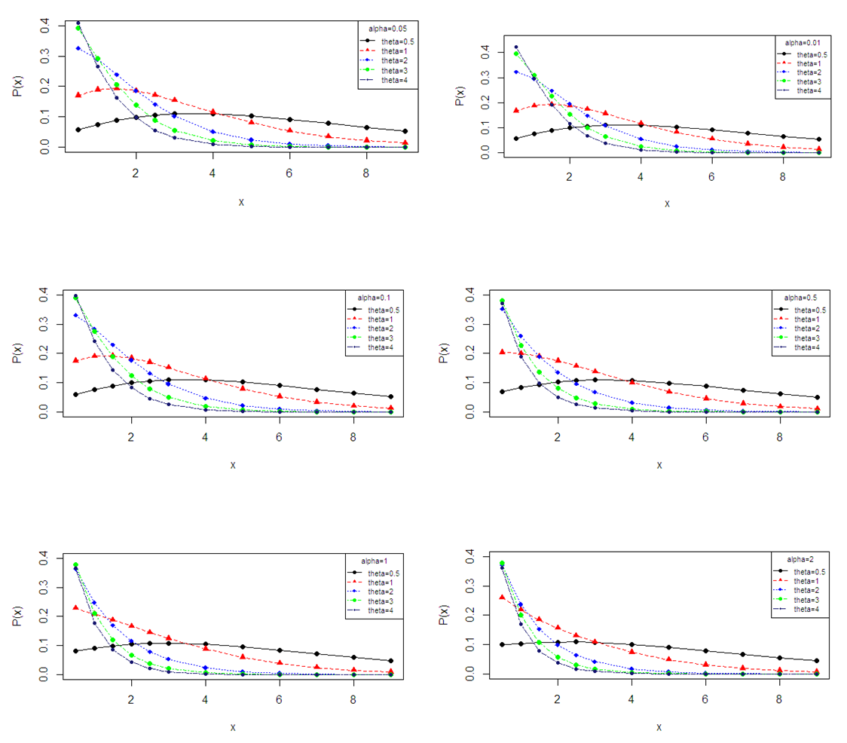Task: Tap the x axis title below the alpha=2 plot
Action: pos(659,727)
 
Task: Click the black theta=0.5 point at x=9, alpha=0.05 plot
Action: pos(405,131)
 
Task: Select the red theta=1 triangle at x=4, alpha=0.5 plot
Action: pos(631,381)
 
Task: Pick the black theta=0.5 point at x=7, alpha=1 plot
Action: pos(316,654)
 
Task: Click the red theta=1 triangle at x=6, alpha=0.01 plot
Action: pos(712,138)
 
